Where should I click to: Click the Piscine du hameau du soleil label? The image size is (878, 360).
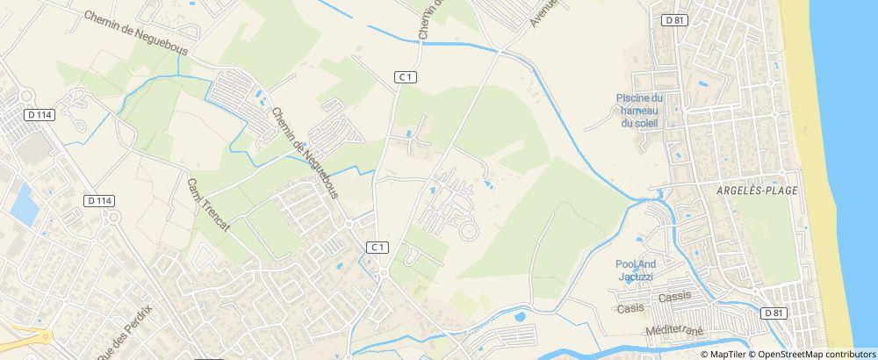pyautogui.click(x=638, y=110)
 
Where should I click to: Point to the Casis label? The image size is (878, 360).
pyautogui.click(x=631, y=308)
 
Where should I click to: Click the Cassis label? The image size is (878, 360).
pyautogui.click(x=674, y=296)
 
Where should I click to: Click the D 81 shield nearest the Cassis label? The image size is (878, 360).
pyautogui.click(x=773, y=313)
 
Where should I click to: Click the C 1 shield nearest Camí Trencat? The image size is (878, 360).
pyautogui.click(x=378, y=247)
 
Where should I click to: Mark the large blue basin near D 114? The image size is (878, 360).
pyautogui.click(x=24, y=204)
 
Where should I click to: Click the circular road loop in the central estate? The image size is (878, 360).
pyautogui.click(x=470, y=232)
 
